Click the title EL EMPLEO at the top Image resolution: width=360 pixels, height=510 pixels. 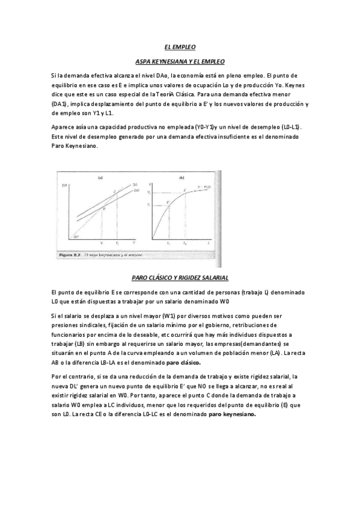[x=180, y=47]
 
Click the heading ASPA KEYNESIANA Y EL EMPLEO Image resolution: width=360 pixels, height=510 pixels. [x=180, y=62]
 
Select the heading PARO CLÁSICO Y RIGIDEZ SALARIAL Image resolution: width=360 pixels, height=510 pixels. [x=180, y=277]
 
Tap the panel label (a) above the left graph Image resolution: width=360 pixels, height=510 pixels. [x=100, y=177]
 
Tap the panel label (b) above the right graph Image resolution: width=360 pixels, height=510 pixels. [x=181, y=177]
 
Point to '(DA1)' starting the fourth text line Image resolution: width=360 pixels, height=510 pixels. [x=61, y=104]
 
